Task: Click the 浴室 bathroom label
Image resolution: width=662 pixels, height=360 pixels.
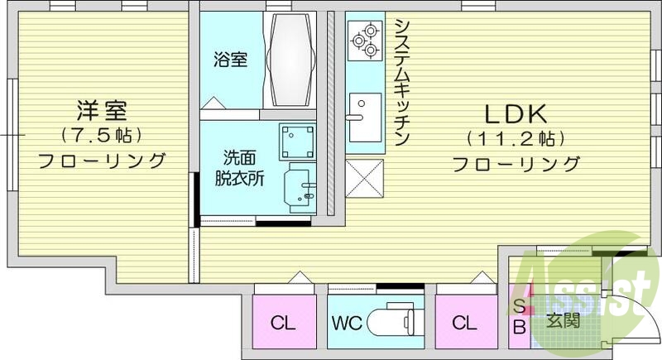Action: [x=230, y=60]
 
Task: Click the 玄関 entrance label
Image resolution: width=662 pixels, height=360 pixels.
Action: [x=562, y=322]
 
